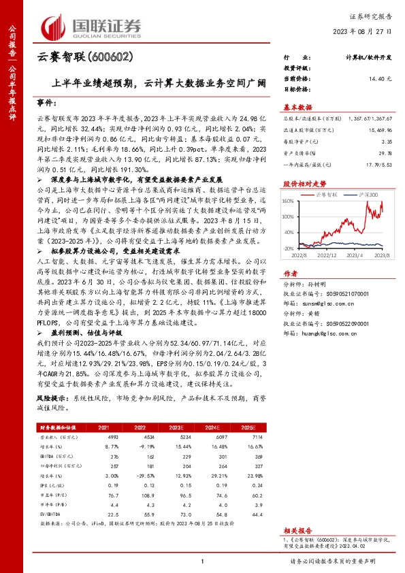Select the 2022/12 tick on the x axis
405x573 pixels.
[x=327, y=255]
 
